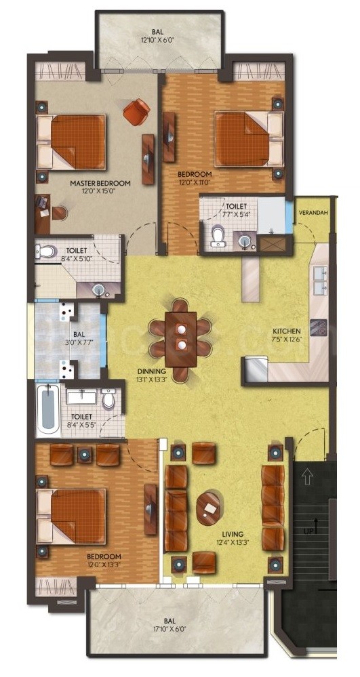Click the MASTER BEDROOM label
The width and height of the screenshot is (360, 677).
[100, 184]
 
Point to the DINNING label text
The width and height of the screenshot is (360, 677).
[152, 371]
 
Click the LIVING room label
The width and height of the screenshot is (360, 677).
[234, 533]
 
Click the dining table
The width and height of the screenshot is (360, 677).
[180, 340]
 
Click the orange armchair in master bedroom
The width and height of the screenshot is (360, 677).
[136, 111]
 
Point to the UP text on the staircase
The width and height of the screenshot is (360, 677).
[308, 531]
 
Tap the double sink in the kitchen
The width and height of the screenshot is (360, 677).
[320, 280]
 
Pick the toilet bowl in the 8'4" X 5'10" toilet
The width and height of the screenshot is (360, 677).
[46, 250]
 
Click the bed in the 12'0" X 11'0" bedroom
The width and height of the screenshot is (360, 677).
[249, 139]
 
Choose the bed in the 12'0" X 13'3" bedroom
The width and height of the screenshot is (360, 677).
[72, 515]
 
